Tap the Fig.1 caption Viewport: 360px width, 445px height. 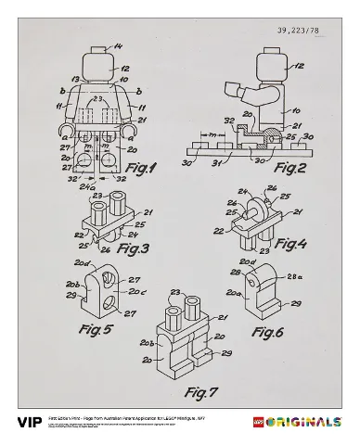pos(141,169)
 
